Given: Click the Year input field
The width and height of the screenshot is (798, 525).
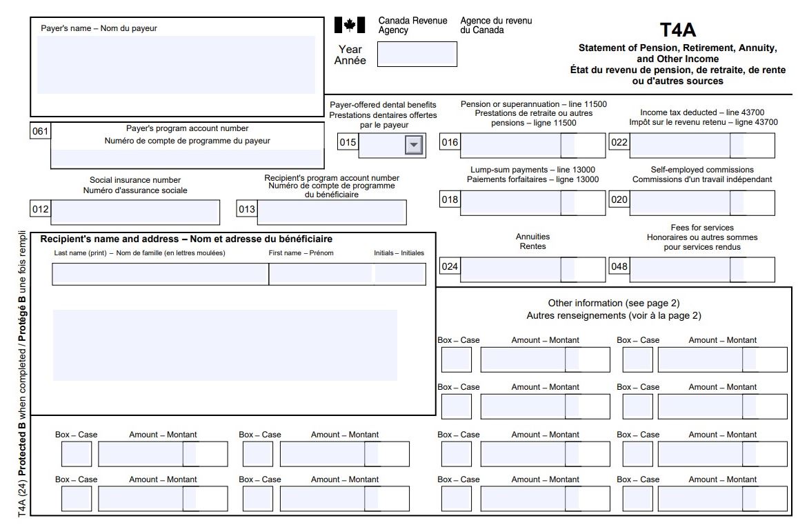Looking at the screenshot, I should click(x=417, y=55).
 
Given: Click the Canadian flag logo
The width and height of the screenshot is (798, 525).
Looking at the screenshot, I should click(x=349, y=26).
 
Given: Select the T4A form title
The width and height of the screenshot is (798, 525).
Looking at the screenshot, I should click(x=677, y=30).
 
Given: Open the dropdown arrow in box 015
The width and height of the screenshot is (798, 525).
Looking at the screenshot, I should click(x=413, y=144).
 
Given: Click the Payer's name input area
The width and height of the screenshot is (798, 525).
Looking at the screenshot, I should click(x=176, y=65).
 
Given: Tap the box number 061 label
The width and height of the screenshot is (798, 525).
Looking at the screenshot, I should click(x=41, y=130).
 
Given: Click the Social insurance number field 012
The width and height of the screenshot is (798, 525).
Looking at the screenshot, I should click(x=134, y=212).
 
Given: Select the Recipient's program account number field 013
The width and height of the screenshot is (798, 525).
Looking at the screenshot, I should click(x=331, y=212).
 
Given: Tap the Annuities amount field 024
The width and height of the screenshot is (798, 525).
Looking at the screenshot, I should click(x=510, y=270).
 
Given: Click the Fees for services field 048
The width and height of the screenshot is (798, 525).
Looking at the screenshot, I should click(x=680, y=270).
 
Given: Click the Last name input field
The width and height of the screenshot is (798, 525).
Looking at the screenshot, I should click(x=160, y=275).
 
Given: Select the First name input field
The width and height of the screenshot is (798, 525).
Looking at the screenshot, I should click(x=321, y=275).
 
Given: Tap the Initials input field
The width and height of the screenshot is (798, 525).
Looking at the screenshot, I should click(x=400, y=275).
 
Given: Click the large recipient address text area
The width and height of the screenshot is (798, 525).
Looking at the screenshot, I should click(x=225, y=345).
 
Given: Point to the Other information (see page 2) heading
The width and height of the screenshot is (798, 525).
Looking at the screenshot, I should click(x=613, y=303).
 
